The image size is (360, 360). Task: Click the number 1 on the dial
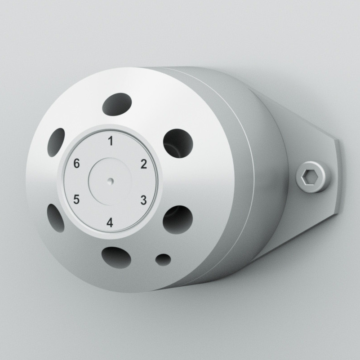click(111, 141)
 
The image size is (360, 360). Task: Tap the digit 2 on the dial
click(144, 164)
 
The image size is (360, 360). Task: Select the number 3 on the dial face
click(144, 200)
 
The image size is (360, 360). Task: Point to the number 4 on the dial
click(110, 222)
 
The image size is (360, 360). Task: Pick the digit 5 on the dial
click(76, 199)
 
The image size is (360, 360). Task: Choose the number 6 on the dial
click(76, 164)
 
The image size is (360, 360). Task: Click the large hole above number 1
click(117, 104)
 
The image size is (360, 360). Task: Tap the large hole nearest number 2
click(178, 143)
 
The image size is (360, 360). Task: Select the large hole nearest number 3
click(178, 220)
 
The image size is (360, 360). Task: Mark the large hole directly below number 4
click(116, 258)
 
